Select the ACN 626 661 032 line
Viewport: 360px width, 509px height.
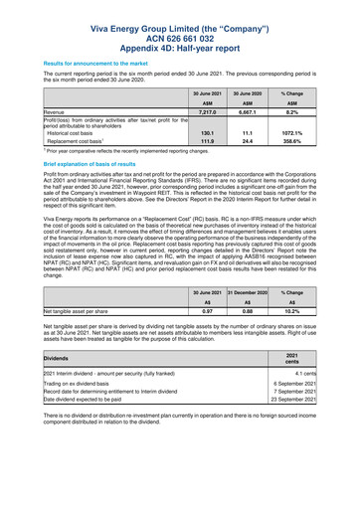(x=179, y=30)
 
